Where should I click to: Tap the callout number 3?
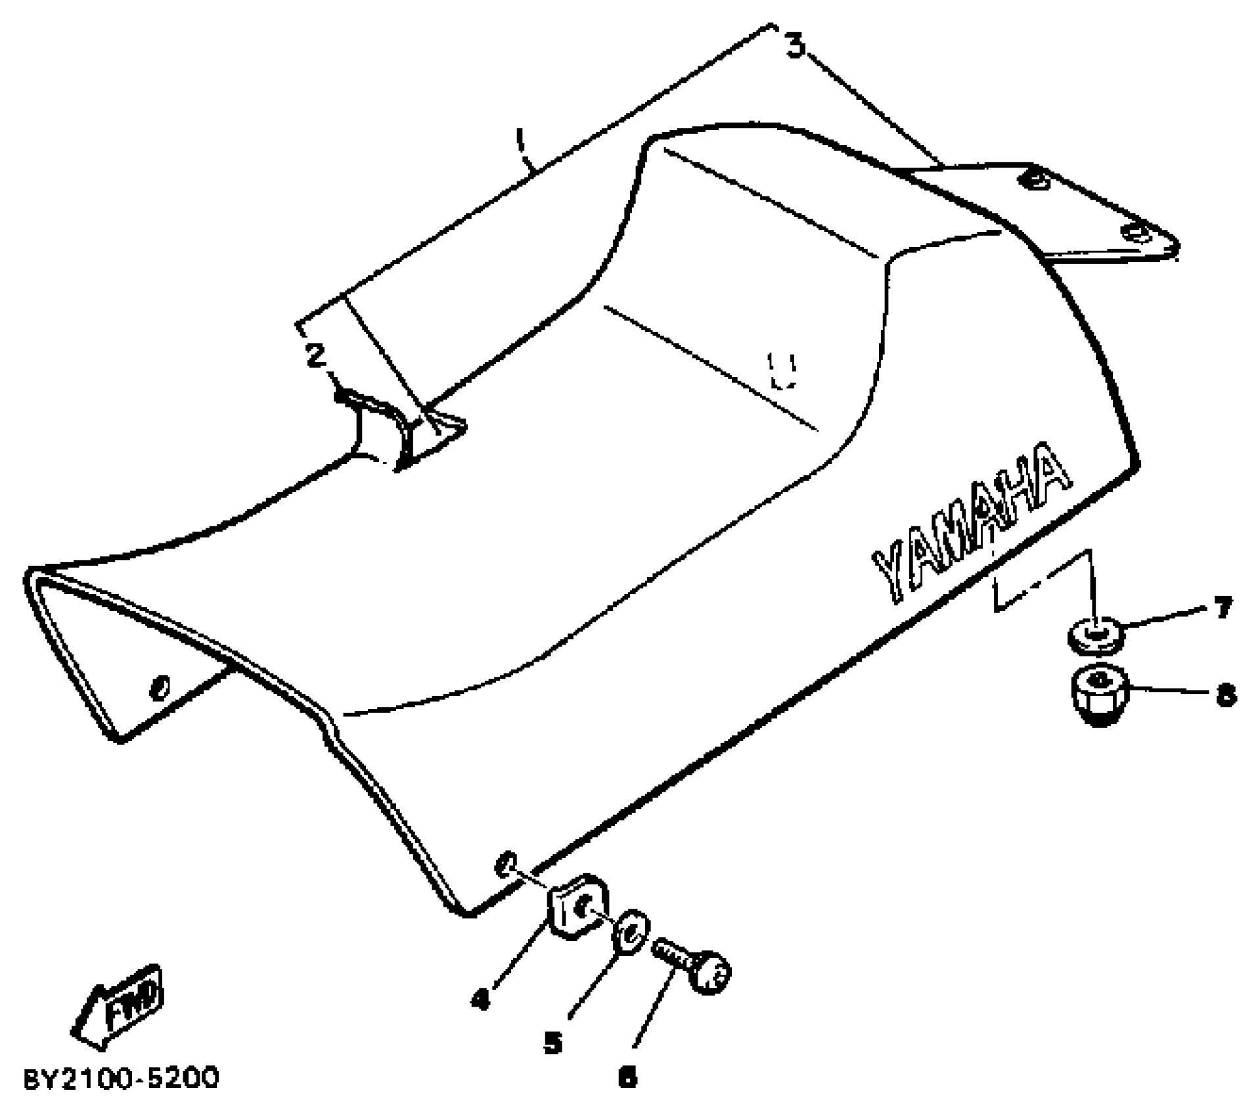click(796, 46)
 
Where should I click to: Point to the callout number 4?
click(481, 999)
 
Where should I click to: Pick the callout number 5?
click(553, 1042)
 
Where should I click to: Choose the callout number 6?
click(628, 1078)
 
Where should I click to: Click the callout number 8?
click(1225, 695)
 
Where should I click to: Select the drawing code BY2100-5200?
click(122, 1079)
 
